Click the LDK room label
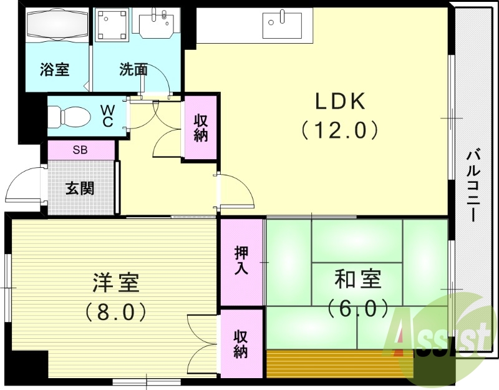(x=340, y=102)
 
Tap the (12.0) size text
(x=340, y=130)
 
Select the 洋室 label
(x=115, y=283)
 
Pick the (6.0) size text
(x=357, y=307)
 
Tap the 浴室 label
(x=55, y=69)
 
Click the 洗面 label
(x=133, y=69)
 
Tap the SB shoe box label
(x=80, y=150)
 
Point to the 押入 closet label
(x=241, y=260)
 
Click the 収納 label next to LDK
(x=200, y=128)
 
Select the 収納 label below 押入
(x=241, y=343)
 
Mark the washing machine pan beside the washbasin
(x=112, y=25)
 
